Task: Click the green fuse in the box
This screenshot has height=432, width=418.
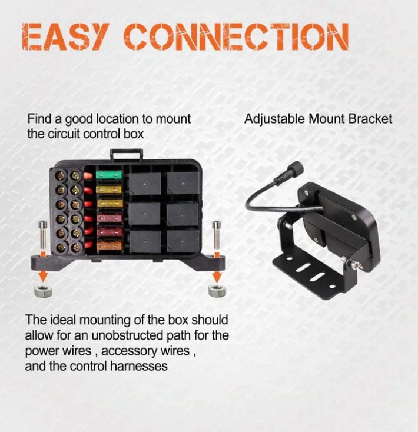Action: [108, 175]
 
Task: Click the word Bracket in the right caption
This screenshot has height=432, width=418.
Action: [370, 119]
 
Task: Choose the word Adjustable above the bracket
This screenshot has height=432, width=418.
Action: [275, 119]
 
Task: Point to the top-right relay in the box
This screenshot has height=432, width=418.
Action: [183, 183]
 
